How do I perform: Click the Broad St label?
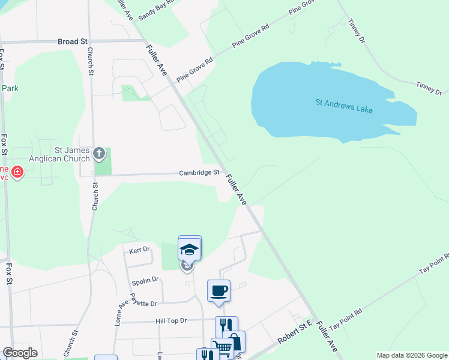(x=73, y=41)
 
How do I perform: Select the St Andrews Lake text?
(x=344, y=103)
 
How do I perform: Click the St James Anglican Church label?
(x=73, y=154)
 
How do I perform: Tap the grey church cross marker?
(x=99, y=154)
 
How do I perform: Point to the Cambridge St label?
(x=199, y=173)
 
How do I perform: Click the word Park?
(x=10, y=88)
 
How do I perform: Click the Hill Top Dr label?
(x=171, y=321)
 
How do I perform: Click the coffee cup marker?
(x=218, y=290)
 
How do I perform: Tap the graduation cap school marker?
(x=189, y=248)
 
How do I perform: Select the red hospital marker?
(x=17, y=172)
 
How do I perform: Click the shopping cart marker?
(x=223, y=348)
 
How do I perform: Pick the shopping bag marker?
(x=235, y=341)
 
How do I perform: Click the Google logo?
(x=20, y=353)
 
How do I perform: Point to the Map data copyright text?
(x=411, y=355)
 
